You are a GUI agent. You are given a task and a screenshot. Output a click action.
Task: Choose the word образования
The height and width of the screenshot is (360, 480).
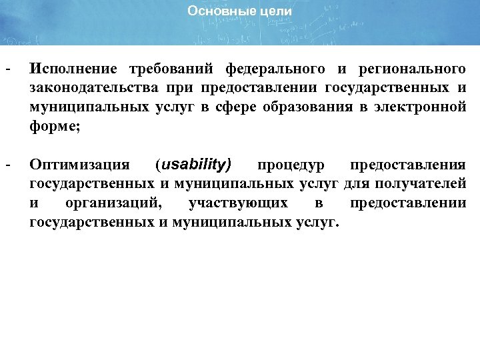coord(296,107)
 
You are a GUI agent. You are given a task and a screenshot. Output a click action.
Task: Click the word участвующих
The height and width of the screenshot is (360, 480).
coord(239,202)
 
